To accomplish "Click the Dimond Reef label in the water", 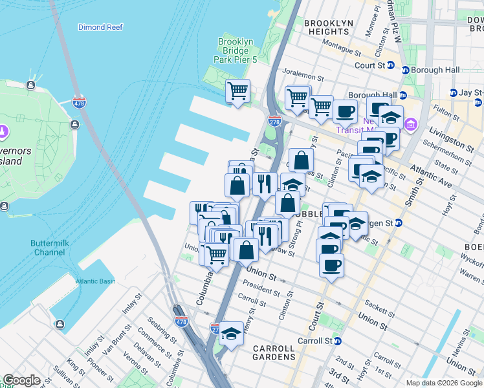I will click(100, 27).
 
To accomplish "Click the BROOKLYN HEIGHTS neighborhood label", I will click(329, 27).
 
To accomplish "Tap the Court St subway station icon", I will click(391, 65).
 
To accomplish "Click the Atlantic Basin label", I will click(94, 281).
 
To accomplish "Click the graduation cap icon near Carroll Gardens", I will click(230, 333).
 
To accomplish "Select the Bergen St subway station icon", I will click(399, 223).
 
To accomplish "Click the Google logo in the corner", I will click(21, 380).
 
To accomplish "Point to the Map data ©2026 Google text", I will click(444, 383).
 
